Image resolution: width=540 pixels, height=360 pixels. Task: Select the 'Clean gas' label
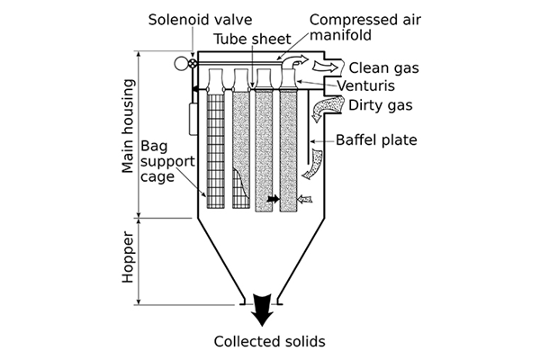click(x=382, y=67)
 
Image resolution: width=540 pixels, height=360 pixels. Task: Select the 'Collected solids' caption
click(x=268, y=341)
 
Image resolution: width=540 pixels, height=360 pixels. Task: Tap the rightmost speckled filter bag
click(x=289, y=148)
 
